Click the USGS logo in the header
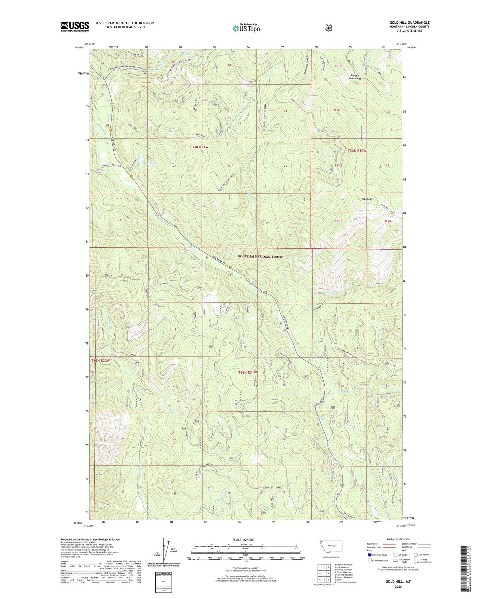pos(75,26)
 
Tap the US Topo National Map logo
pos(246,28)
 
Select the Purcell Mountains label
pos(355,77)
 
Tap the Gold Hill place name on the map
pos(367,199)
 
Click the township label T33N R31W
pos(199,147)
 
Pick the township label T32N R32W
pos(101,361)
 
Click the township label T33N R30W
pos(357,151)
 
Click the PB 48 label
pos(387,221)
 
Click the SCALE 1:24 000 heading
pos(243,540)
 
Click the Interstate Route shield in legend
pos(369,554)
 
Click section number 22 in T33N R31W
pos(174,112)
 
